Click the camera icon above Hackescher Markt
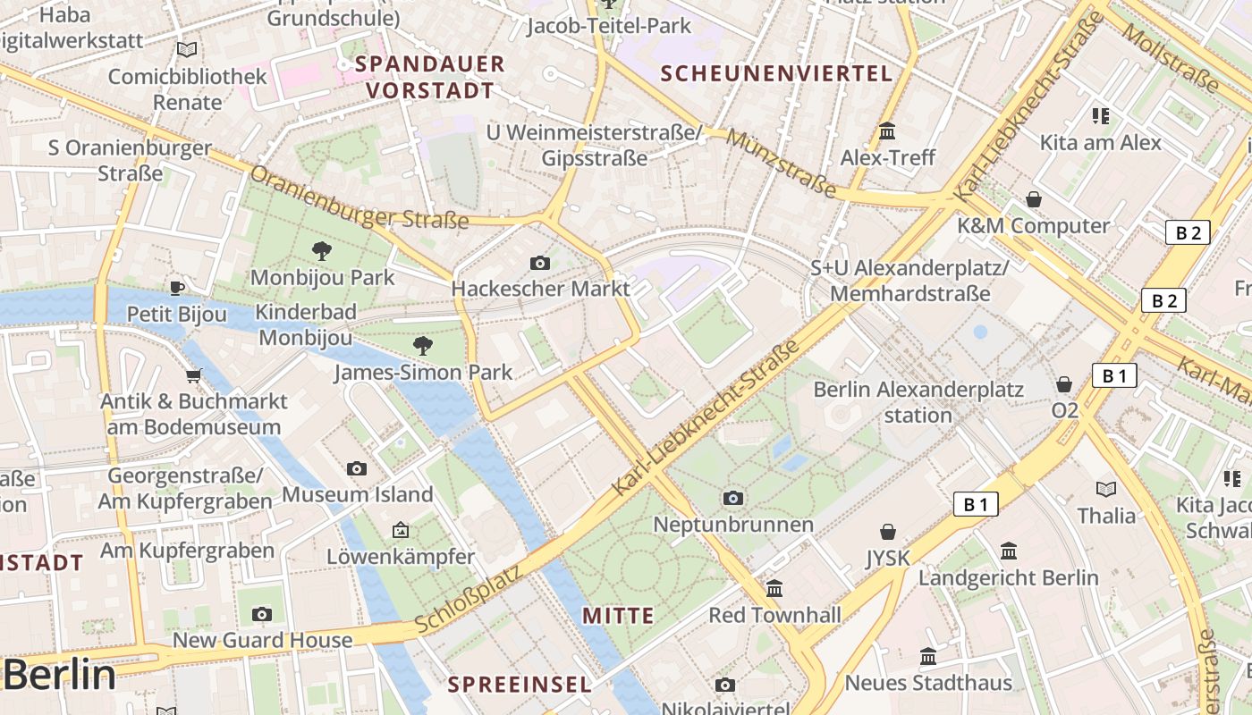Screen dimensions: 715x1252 pyautogui.click(x=539, y=263)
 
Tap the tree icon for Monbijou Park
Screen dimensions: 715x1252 pyautogui.click(x=322, y=251)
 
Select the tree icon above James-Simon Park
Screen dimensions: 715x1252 pyautogui.click(x=422, y=345)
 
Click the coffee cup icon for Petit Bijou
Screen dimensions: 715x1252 pyautogui.click(x=177, y=288)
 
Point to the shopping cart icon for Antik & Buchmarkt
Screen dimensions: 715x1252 pyautogui.click(x=193, y=375)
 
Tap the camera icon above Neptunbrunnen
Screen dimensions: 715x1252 pyautogui.click(x=733, y=498)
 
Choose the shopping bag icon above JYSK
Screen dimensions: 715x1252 pyautogui.click(x=887, y=532)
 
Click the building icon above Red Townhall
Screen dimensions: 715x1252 pyautogui.click(x=774, y=589)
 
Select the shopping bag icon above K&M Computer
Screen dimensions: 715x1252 pyautogui.click(x=1034, y=199)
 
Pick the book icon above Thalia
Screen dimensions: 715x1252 pyautogui.click(x=1106, y=489)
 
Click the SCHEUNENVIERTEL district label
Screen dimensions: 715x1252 pyautogui.click(x=776, y=74)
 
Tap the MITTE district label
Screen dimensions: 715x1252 pyautogui.click(x=618, y=616)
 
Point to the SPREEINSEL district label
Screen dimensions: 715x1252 pyautogui.click(x=520, y=685)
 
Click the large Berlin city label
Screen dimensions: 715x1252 pyautogui.click(x=59, y=676)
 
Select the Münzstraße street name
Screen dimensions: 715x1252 pyautogui.click(x=781, y=164)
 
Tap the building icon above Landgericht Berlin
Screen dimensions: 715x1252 pyautogui.click(x=1009, y=551)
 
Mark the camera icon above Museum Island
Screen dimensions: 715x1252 pyautogui.click(x=357, y=468)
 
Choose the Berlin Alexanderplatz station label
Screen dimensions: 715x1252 pyautogui.click(x=918, y=402)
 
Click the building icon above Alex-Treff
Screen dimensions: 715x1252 pyautogui.click(x=887, y=131)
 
